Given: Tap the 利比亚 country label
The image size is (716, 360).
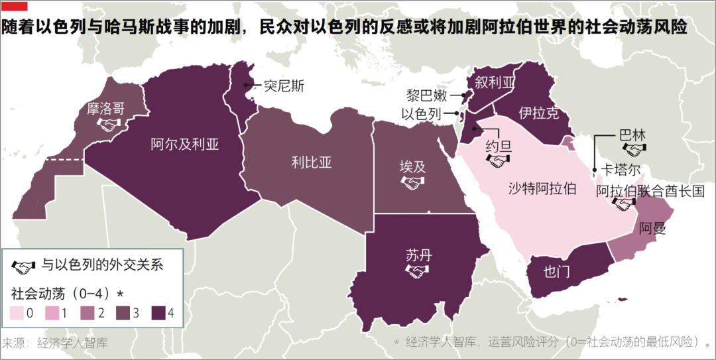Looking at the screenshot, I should click(x=311, y=162).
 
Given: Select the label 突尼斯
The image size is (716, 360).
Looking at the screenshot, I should click(x=284, y=86).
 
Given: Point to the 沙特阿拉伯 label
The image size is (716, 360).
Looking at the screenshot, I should click(x=542, y=189).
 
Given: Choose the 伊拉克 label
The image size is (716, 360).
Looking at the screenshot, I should click(x=538, y=113).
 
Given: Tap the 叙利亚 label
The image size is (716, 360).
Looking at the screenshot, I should click(x=495, y=82).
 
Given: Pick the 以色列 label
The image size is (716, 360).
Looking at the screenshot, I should click(x=421, y=114).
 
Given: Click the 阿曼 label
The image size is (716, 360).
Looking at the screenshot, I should click(x=652, y=229).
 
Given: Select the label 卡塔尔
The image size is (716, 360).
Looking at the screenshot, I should click(x=620, y=169).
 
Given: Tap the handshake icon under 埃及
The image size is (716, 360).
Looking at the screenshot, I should click(x=412, y=182).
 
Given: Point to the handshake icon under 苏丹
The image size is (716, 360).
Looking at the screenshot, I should click(x=418, y=271).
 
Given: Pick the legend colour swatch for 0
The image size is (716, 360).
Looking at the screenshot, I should click(x=17, y=314).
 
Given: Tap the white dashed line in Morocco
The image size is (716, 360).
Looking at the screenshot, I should click(x=64, y=160).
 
